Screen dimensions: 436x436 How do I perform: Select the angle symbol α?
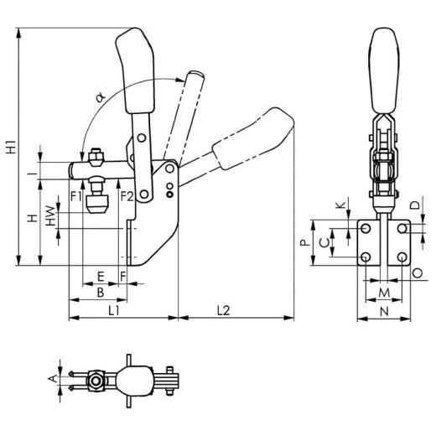coord(100,99)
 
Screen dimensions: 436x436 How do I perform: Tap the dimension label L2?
coord(224,310)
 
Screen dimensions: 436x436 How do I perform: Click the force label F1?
coord(76,196)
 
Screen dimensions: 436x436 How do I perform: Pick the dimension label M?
coord(383,292)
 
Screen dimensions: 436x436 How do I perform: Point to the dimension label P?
coord(304,241)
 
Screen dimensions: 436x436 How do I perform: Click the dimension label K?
coord(339,205)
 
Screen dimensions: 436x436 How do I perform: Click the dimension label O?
coord(417,273)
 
